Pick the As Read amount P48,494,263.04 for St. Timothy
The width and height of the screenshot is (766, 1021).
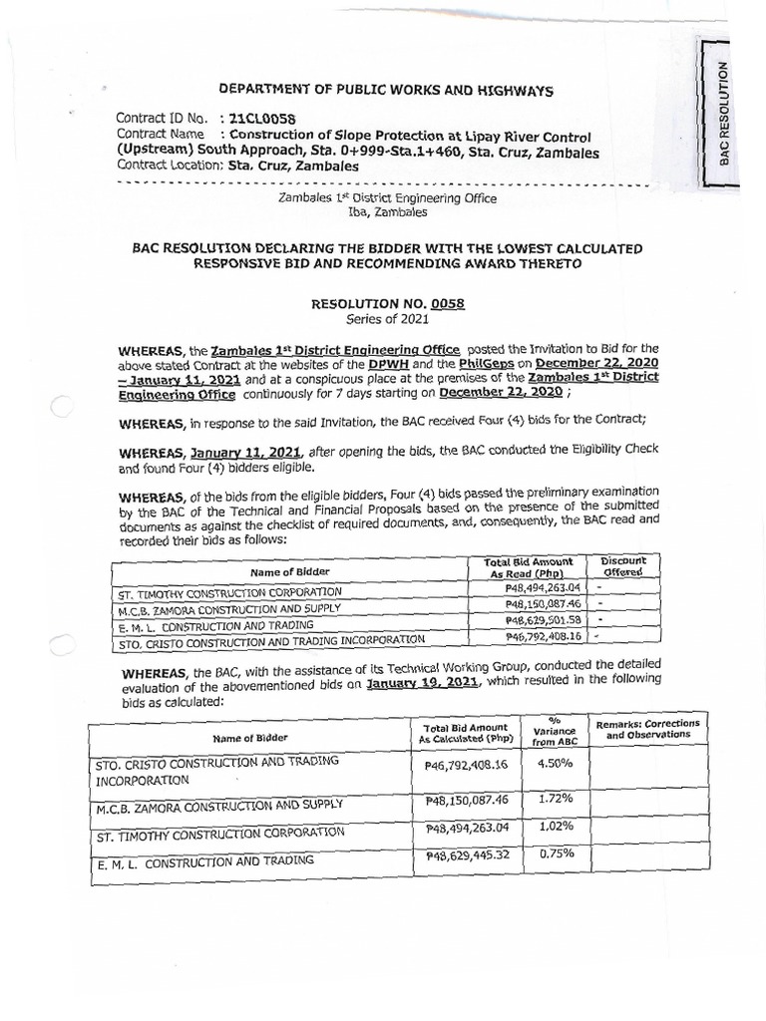(x=530, y=589)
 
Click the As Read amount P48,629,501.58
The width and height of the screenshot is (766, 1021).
(x=530, y=619)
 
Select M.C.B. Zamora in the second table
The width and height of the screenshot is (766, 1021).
(x=218, y=804)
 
